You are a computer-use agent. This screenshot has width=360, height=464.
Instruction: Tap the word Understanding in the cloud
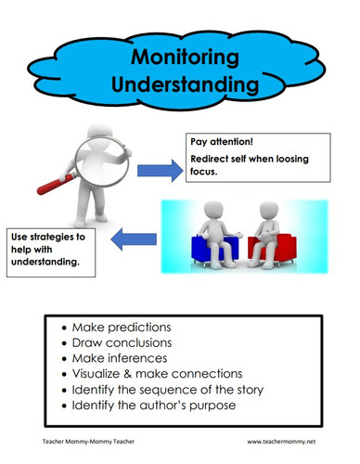[x=183, y=85]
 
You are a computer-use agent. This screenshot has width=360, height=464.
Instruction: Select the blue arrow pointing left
[x=134, y=241]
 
